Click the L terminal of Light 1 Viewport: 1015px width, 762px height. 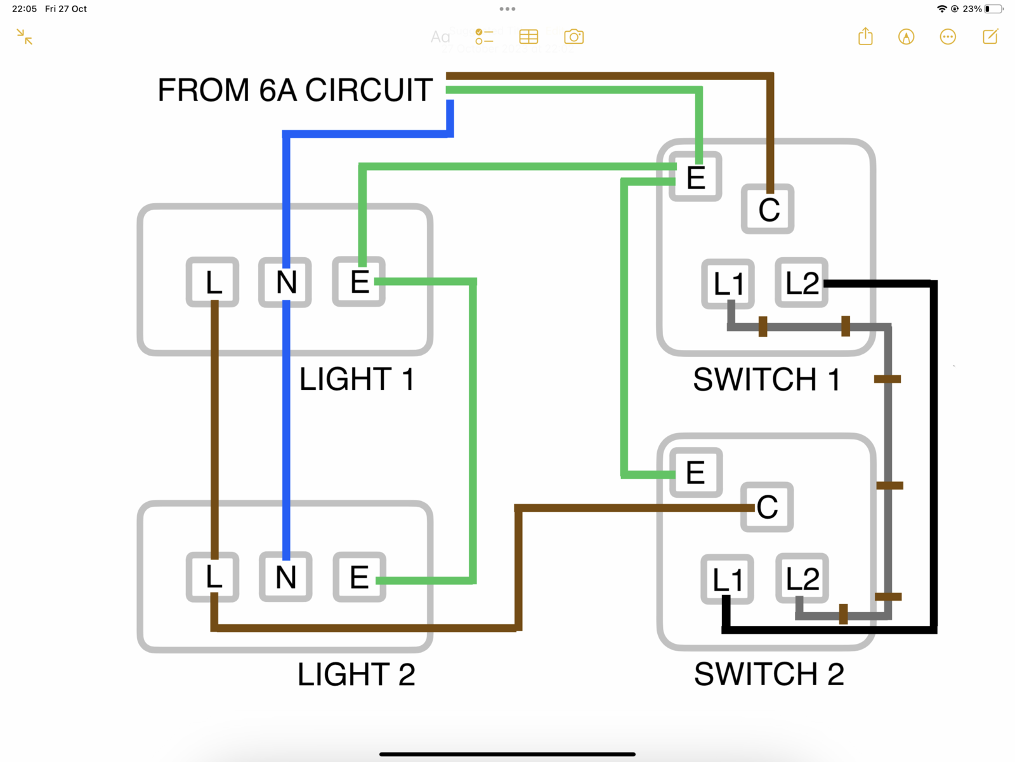tap(213, 282)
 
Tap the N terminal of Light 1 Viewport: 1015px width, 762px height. tap(285, 282)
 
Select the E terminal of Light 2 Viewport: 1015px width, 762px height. tap(359, 577)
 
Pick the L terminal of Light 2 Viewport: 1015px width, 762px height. tap(213, 577)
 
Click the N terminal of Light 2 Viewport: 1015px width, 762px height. tap(285, 577)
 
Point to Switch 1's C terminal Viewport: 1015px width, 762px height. tap(768, 209)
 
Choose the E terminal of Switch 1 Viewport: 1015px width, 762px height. tap(696, 177)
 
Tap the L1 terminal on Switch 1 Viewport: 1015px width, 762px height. tap(728, 283)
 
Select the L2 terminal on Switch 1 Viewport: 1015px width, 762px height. tap(802, 283)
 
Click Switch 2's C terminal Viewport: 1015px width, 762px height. tap(767, 507)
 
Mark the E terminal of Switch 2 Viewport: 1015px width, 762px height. tap(696, 472)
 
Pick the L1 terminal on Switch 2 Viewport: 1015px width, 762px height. tap(728, 579)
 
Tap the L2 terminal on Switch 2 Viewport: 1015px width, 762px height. tap(802, 578)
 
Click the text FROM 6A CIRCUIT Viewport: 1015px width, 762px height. tap(295, 90)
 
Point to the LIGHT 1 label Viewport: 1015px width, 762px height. tap(357, 379)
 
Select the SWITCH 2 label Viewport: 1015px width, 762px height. tap(769, 674)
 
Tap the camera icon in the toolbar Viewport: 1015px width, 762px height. tap(573, 37)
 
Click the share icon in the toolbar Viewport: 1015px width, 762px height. tap(865, 37)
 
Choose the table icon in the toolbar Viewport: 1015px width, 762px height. tap(528, 37)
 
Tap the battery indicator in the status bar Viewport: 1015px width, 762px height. tap(994, 9)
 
